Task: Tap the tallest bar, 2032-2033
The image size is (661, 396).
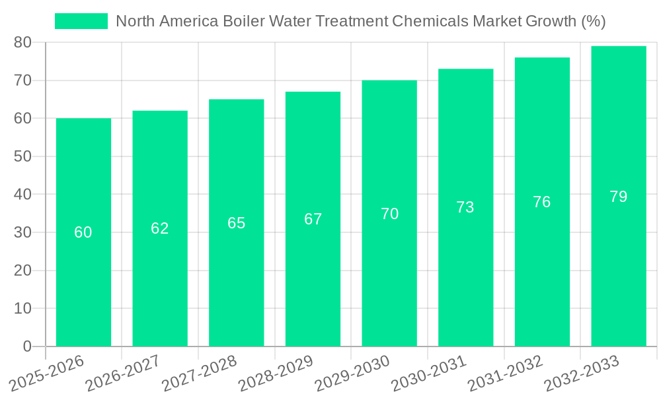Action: [619, 264]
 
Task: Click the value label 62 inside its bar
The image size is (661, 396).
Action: [160, 228]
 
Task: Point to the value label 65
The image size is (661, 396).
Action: [237, 223]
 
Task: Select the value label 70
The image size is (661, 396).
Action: [389, 214]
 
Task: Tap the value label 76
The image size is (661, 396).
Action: [542, 202]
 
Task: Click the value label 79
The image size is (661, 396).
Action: [619, 197]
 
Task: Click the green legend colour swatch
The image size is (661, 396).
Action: [81, 21]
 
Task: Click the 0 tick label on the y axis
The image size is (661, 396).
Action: [27, 346]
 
